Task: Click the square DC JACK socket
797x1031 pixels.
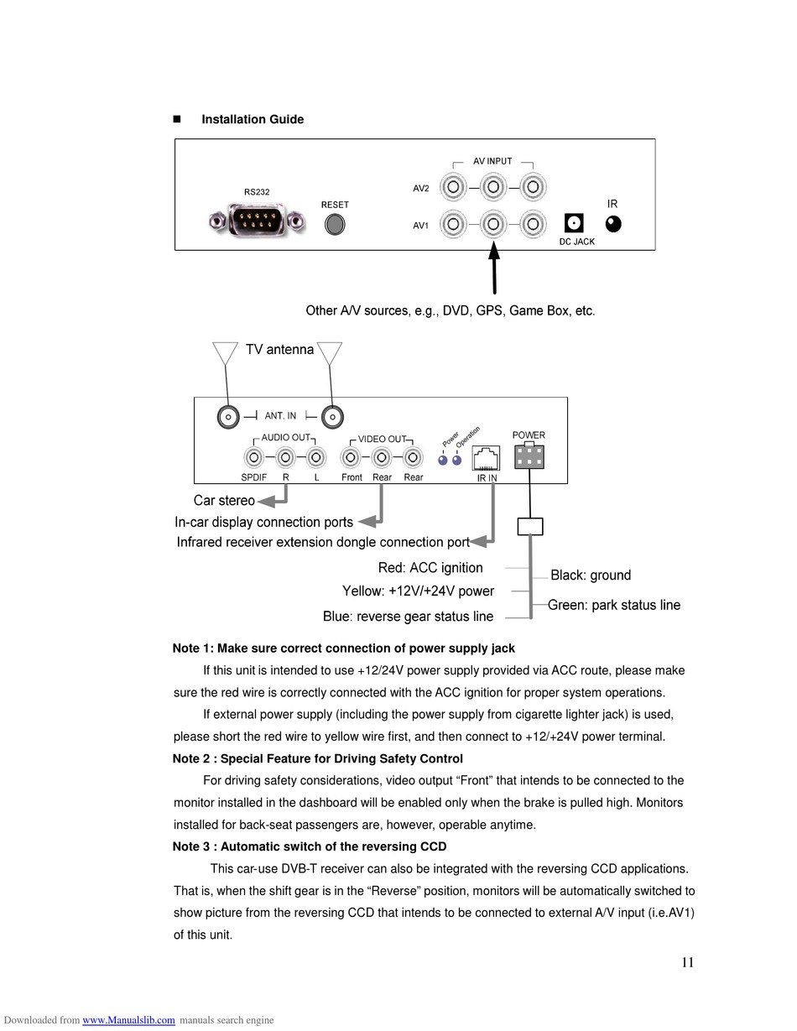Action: click(575, 223)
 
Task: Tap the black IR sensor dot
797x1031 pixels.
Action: click(613, 224)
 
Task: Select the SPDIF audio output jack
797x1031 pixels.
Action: click(254, 458)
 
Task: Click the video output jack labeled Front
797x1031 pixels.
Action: click(352, 458)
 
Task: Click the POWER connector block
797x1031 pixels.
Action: click(529, 456)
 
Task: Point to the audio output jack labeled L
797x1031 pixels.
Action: click(315, 458)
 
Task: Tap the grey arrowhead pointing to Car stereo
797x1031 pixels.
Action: click(265, 502)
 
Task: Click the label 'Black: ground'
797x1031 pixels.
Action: click(591, 575)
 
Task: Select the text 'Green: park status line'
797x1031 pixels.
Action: click(614, 606)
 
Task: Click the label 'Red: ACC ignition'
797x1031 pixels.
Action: click(430, 568)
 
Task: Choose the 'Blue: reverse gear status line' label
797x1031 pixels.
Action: click(408, 617)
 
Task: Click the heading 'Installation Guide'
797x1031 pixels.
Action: click(253, 120)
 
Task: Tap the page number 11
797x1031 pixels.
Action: click(688, 963)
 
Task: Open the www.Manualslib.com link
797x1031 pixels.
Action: click(128, 1020)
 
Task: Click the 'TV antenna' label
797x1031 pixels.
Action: click(279, 350)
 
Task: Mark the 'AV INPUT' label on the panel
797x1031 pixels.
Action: click(493, 161)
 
